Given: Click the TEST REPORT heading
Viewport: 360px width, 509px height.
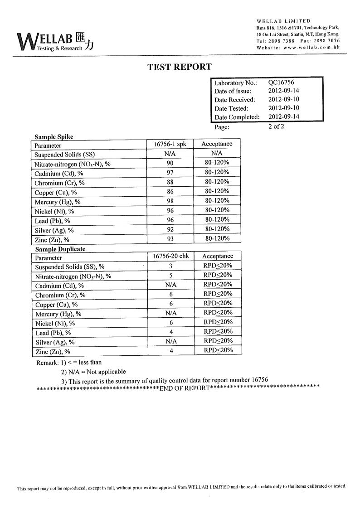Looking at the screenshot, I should click(180, 67).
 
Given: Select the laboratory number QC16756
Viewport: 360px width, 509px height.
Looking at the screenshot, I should click(281, 82).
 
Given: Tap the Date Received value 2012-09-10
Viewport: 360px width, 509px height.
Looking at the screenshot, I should click(283, 100).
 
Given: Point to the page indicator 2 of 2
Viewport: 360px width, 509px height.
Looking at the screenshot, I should click(276, 126).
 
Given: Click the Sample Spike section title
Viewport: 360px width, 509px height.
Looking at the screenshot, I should click(54, 137).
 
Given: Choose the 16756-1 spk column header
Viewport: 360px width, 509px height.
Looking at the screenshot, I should click(170, 144).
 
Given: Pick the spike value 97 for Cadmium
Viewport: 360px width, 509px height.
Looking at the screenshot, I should click(170, 173).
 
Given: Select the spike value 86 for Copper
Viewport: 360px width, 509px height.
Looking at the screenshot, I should click(170, 192).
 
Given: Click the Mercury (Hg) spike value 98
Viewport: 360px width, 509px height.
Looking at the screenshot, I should click(170, 201).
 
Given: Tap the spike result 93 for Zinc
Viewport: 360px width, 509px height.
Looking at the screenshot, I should click(170, 239).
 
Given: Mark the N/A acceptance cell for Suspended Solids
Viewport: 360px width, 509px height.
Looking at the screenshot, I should click(217, 154).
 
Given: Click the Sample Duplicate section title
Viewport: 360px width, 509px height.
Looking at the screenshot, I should click(60, 249).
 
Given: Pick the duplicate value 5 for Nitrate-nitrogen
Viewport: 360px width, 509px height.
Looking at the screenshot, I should click(170, 276).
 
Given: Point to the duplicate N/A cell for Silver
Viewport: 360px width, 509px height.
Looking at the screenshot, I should click(170, 341).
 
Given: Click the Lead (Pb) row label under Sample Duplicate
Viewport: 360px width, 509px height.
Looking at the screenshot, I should click(52, 333).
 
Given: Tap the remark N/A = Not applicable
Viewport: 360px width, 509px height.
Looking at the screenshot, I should click(93, 372).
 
